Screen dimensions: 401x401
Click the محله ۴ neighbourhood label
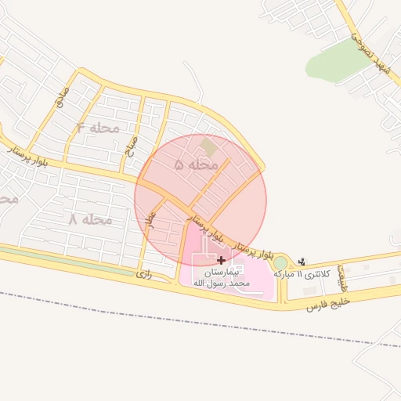pyautogui.click(x=98, y=127)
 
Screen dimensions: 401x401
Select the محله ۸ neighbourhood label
pyautogui.click(x=91, y=220)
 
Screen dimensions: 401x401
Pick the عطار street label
pyautogui.click(x=152, y=219)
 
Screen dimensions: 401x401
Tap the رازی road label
pyautogui.click(x=143, y=274)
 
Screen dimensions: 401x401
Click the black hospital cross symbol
pyautogui.click(x=222, y=259)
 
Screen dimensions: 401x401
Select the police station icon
pyautogui.click(x=302, y=262)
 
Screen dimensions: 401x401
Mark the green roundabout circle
pyautogui.click(x=280, y=262)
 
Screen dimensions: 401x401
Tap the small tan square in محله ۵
pyautogui.click(x=208, y=146)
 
